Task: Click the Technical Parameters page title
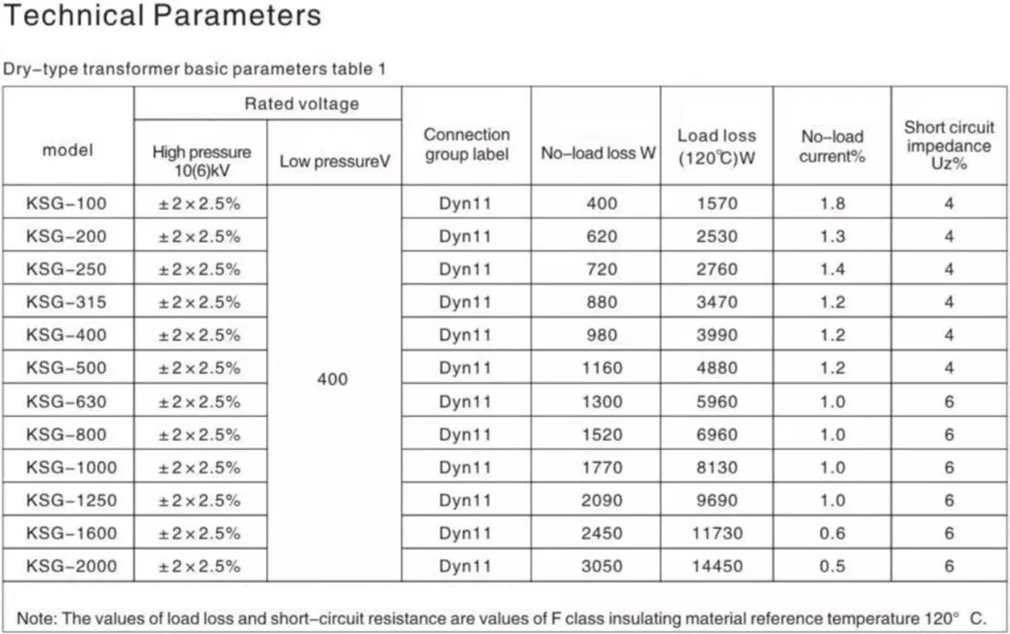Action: click(163, 16)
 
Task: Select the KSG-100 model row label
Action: click(67, 203)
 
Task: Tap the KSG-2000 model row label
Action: click(72, 566)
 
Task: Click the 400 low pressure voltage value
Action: click(332, 379)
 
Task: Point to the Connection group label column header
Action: click(466, 145)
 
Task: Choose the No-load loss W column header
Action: click(598, 153)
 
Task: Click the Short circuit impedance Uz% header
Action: click(949, 145)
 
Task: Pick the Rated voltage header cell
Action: click(301, 104)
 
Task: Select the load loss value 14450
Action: click(717, 566)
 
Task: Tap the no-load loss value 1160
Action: click(602, 368)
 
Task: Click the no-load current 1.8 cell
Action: click(833, 203)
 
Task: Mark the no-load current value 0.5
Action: click(833, 566)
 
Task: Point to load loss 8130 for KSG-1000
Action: click(717, 468)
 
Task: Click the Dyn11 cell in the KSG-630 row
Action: click(466, 402)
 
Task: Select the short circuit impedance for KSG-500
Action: click(949, 368)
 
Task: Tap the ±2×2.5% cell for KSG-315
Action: click(200, 302)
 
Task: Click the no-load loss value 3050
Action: click(602, 566)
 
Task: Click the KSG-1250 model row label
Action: click(72, 501)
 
